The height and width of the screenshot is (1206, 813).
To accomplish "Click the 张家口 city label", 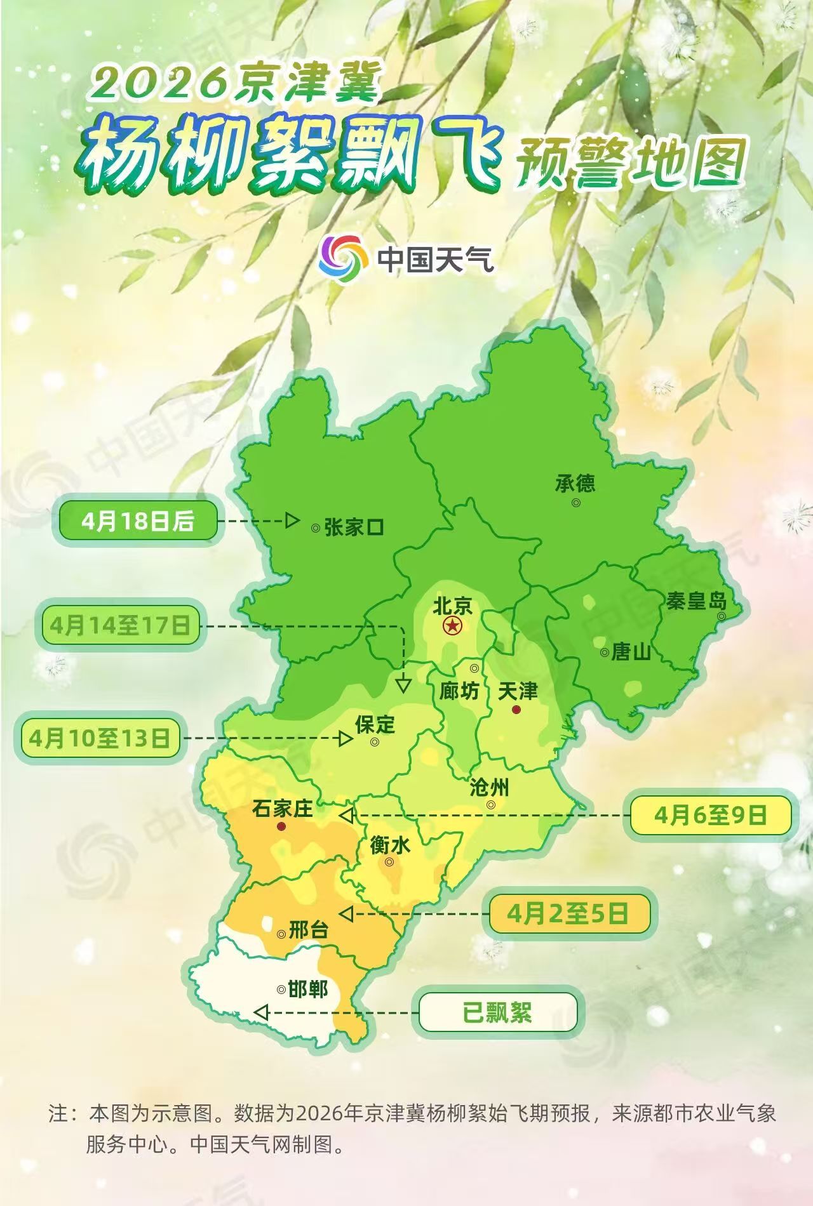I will [x=354, y=527].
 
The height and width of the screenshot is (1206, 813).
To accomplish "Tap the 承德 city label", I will [x=575, y=484].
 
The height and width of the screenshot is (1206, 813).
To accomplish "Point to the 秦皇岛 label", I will [x=696, y=601].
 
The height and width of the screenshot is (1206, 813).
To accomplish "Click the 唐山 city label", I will [x=631, y=652].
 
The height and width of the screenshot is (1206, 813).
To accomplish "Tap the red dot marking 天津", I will [x=517, y=709].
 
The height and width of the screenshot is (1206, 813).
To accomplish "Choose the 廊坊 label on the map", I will [x=459, y=691].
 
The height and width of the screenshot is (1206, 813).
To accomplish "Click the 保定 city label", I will [x=375, y=724].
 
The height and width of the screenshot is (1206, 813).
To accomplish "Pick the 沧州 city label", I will [x=489, y=788].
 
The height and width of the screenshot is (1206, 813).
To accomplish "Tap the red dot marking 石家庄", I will [x=281, y=826].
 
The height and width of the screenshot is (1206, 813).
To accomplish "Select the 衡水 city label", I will [x=390, y=845].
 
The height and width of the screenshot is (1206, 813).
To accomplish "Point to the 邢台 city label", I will [x=309, y=931].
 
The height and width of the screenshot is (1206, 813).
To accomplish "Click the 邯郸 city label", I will [x=308, y=989].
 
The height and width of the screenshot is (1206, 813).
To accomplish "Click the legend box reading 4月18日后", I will [x=138, y=522].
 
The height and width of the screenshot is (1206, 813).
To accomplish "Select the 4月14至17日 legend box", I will [x=120, y=626].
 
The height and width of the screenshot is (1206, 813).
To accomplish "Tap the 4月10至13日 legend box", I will [x=100, y=738].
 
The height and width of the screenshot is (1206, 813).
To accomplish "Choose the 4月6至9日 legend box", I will [x=711, y=815].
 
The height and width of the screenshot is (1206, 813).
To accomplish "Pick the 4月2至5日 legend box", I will [x=568, y=914].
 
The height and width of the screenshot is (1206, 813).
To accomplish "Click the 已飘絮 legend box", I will [x=497, y=1012].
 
